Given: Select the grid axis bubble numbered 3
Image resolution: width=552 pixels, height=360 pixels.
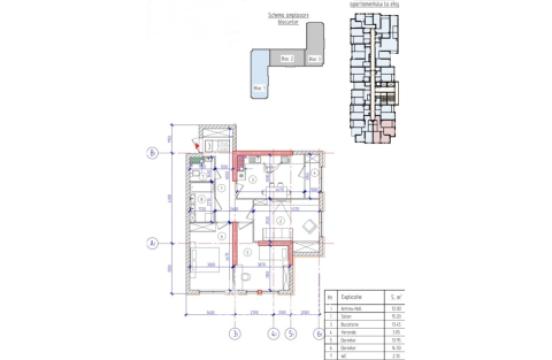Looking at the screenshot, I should pyautogui.click(x=233, y=333).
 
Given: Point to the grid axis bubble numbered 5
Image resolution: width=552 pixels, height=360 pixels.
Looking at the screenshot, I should pyautogui.click(x=289, y=333).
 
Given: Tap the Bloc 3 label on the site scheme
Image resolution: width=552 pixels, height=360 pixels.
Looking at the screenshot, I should pyautogui.click(x=313, y=59).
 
